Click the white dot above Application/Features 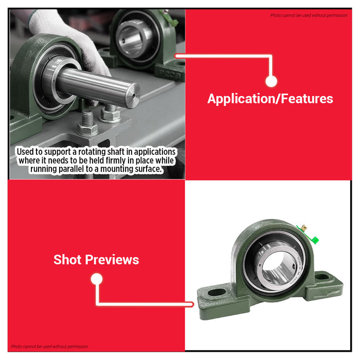click(272, 81)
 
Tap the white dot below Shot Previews click(97, 279)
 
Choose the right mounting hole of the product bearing click(323, 276)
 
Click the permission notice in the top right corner click(309, 15)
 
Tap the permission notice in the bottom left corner click(50, 347)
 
